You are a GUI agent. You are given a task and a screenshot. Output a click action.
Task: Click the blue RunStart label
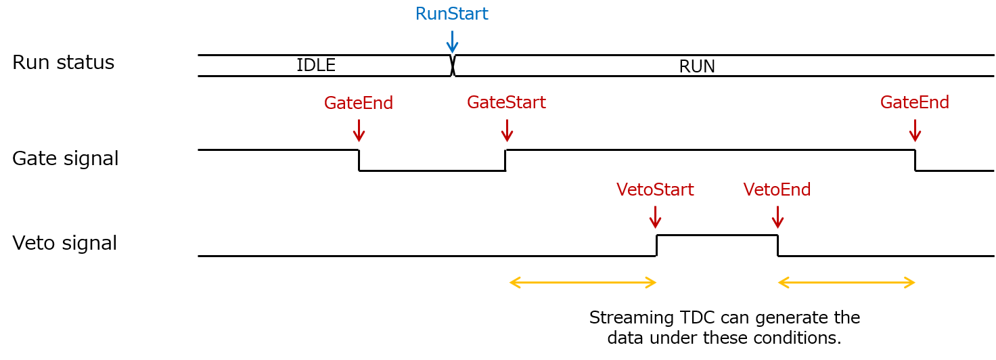(451, 14)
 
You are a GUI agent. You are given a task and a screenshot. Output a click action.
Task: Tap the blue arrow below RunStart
(452, 42)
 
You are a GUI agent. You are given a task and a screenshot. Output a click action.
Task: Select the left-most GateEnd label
(358, 103)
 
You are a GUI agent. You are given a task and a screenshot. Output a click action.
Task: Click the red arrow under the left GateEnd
(359, 131)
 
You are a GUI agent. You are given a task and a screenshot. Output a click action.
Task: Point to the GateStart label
(505, 102)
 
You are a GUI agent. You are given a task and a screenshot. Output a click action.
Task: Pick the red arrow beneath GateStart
(507, 131)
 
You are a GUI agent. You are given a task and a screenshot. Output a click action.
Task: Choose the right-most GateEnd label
(914, 102)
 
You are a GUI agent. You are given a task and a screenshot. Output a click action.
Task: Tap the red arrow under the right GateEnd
(915, 131)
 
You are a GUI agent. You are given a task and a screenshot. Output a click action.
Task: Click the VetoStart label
(654, 189)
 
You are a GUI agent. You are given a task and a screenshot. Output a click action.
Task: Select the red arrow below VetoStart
(655, 217)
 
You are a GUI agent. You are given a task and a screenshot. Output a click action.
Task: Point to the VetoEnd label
(777, 189)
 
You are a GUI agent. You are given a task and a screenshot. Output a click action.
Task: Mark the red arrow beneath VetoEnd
(777, 217)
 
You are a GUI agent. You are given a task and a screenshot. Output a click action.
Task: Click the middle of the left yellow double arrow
(583, 282)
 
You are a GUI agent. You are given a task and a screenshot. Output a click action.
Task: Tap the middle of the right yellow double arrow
(846, 282)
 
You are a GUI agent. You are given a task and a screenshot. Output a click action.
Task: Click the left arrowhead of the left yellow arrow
(514, 282)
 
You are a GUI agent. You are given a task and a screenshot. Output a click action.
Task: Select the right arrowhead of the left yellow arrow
(652, 282)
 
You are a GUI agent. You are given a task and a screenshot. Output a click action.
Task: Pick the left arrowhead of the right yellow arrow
(782, 282)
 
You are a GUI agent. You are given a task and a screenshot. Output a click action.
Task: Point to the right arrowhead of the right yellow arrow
(911, 282)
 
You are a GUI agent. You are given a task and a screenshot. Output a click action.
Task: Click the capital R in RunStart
(421, 14)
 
